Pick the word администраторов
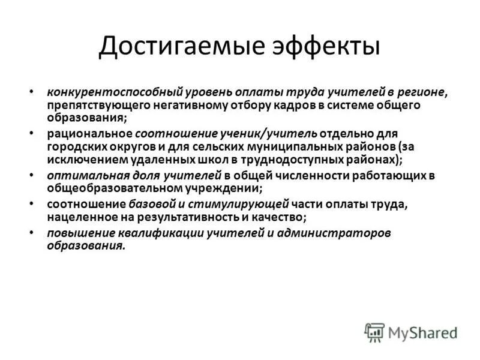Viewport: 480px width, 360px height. pos(343,233)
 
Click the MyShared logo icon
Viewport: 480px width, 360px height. pos(374,332)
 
